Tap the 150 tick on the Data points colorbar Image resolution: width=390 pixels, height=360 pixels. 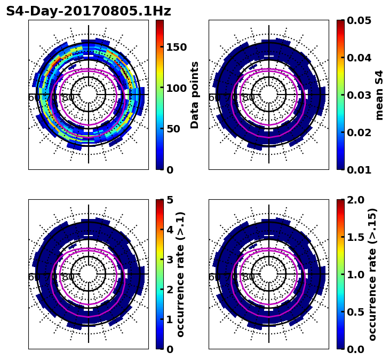pyautogui.click(x=176, y=47)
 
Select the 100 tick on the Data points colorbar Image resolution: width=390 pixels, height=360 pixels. pyautogui.click(x=176, y=88)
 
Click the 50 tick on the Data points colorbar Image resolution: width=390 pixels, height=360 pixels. pyautogui.click(x=173, y=129)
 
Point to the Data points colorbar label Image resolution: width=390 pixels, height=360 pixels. pyautogui.click(x=195, y=95)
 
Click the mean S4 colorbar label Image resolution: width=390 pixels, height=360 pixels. pyautogui.click(x=379, y=95)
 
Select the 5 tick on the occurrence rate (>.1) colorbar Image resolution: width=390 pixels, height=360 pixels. pyautogui.click(x=170, y=200)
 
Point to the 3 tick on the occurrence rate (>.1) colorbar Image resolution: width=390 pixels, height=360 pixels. pyautogui.click(x=170, y=260)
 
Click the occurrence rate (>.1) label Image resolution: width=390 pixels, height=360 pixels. pyautogui.click(x=181, y=274)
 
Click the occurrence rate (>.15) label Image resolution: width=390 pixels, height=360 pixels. pyautogui.click(x=372, y=274)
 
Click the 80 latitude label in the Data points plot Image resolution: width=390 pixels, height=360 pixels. pyautogui.click(x=68, y=98)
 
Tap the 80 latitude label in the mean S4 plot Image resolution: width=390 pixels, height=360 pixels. pyautogui.click(x=249, y=98)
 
